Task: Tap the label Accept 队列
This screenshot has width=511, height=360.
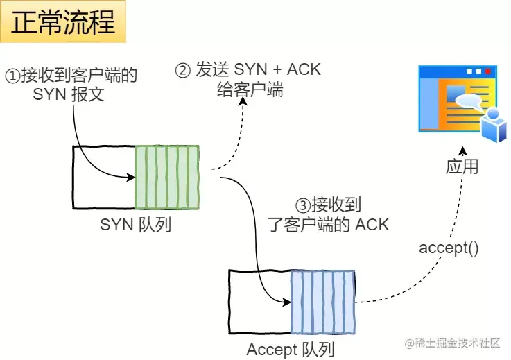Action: point(290,350)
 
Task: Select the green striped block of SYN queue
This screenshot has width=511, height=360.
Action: point(167,178)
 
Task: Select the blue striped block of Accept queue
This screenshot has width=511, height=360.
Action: point(322,302)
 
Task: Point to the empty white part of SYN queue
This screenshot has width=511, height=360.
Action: point(103,178)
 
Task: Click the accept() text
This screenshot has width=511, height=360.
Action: point(448,248)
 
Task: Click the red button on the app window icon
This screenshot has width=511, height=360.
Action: point(488,71)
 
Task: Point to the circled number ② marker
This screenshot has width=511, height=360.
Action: point(182,71)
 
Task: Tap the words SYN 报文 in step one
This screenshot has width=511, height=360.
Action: point(69,94)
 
